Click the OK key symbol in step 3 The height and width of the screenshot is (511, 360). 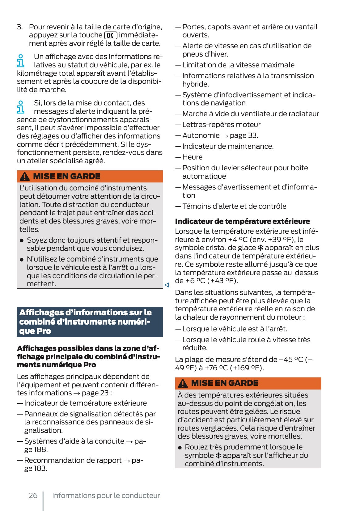(111, 35)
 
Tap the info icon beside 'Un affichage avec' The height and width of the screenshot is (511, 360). (20, 61)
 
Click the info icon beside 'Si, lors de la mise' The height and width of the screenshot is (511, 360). (20, 107)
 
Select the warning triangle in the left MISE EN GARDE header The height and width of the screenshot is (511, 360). (25, 177)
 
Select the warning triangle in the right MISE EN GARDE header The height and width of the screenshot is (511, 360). (183, 383)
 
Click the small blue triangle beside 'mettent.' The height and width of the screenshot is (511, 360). (167, 285)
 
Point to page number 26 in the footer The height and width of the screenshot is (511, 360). (33, 495)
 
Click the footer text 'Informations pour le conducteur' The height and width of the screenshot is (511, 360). (106, 495)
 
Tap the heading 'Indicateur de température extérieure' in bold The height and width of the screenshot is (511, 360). (242, 221)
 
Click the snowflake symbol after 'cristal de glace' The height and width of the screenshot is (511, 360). (260, 248)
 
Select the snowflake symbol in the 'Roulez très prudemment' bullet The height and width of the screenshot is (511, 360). (218, 455)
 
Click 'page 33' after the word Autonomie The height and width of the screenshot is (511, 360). (244, 135)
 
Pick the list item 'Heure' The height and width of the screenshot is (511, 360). (192, 157)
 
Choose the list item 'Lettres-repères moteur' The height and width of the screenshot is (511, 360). (221, 125)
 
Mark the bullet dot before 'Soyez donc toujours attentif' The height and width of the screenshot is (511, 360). (22, 241)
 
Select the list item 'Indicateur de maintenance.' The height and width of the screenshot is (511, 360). (228, 146)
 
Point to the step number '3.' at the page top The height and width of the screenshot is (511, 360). (20, 27)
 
